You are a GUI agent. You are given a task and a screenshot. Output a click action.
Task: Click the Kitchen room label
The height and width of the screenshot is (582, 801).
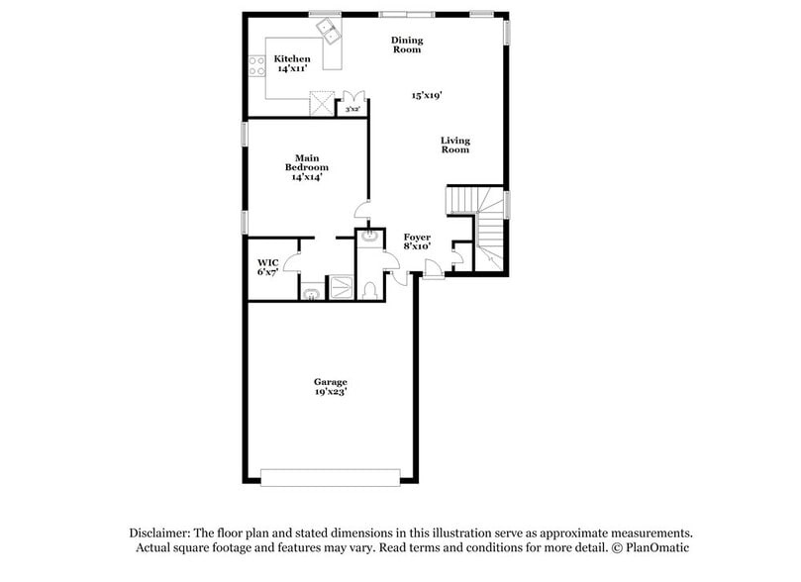pyautogui.click(x=292, y=59)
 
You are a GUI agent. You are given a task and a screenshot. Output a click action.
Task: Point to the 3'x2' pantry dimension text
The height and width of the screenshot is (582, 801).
pyautogui.click(x=351, y=109)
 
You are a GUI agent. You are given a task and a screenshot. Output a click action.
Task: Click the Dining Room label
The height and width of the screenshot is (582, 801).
pyautogui.click(x=407, y=45)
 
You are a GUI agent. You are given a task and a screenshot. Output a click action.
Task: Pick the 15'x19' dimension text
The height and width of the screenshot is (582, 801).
pyautogui.click(x=427, y=96)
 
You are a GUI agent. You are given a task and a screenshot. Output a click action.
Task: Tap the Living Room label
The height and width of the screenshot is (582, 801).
pyautogui.click(x=455, y=145)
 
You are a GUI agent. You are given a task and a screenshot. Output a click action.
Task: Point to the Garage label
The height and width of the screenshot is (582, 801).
pyautogui.click(x=331, y=381)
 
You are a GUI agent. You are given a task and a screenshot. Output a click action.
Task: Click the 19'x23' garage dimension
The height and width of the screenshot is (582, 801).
pyautogui.click(x=331, y=392)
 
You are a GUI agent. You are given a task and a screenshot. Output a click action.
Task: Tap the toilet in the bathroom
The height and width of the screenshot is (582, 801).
pyautogui.click(x=368, y=289)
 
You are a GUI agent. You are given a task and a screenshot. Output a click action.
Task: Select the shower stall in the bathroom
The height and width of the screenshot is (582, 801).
pyautogui.click(x=341, y=287)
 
